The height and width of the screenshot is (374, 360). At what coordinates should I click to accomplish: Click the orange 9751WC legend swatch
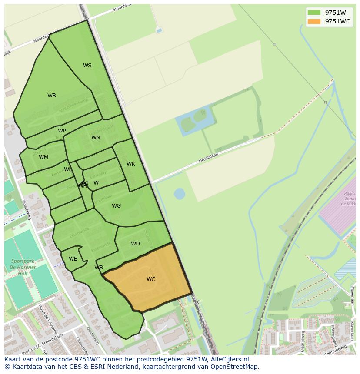click(313, 21)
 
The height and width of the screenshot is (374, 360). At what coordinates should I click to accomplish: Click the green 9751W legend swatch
click(313, 12)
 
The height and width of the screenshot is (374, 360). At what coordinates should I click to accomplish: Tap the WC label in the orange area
click(151, 279)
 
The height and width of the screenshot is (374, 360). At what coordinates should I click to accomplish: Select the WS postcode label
click(87, 66)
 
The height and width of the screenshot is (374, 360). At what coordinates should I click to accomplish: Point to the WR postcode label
click(52, 96)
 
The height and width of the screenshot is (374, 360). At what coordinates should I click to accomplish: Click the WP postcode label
click(62, 131)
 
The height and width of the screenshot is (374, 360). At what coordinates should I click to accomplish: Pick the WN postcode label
click(96, 138)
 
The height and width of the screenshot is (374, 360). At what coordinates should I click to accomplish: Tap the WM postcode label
click(43, 157)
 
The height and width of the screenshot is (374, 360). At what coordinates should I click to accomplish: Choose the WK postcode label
click(131, 164)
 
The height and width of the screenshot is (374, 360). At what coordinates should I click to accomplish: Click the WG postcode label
click(116, 206)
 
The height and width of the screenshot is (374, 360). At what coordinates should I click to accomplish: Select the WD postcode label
click(135, 244)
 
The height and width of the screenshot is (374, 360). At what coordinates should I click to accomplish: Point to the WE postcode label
click(73, 259)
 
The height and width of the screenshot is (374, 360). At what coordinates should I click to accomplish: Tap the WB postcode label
click(99, 268)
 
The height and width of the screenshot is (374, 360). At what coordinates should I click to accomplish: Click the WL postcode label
click(68, 169)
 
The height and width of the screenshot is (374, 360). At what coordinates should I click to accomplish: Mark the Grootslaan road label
click(208, 157)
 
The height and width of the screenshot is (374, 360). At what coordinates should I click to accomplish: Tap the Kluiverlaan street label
click(352, 295)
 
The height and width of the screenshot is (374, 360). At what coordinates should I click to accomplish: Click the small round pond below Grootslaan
click(179, 193)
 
